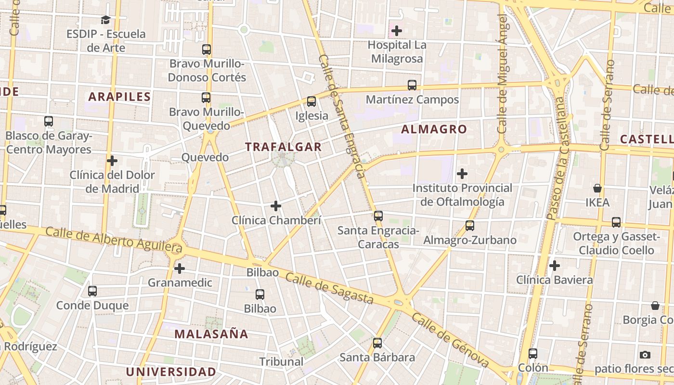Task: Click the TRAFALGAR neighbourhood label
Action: click(x=283, y=147)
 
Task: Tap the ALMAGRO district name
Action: click(x=434, y=129)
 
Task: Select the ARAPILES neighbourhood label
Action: click(x=119, y=97)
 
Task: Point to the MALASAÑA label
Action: click(x=211, y=334)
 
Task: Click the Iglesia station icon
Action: click(x=311, y=102)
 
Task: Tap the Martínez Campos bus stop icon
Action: click(x=412, y=85)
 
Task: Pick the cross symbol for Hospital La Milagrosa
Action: click(x=397, y=31)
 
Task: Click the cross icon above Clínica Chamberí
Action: click(x=276, y=206)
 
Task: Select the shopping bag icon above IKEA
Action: click(x=597, y=188)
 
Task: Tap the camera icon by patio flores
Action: click(x=645, y=355)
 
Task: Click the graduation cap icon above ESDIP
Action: click(x=106, y=20)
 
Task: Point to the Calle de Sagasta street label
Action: click(x=329, y=288)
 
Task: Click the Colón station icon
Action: click(x=533, y=354)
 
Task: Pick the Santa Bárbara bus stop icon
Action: click(x=377, y=343)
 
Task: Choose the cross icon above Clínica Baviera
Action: click(x=555, y=266)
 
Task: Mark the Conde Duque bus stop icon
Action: click(x=92, y=291)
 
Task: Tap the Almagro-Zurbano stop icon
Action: click(x=470, y=226)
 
